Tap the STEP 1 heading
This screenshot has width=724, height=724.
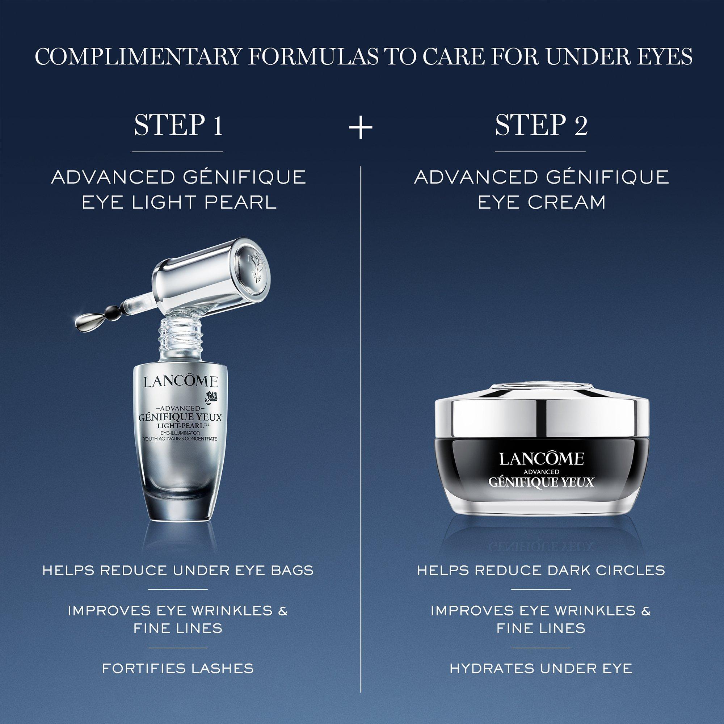[x=178, y=126]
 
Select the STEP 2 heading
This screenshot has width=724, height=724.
[x=541, y=126]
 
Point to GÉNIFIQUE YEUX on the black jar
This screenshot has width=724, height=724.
[x=541, y=481]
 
